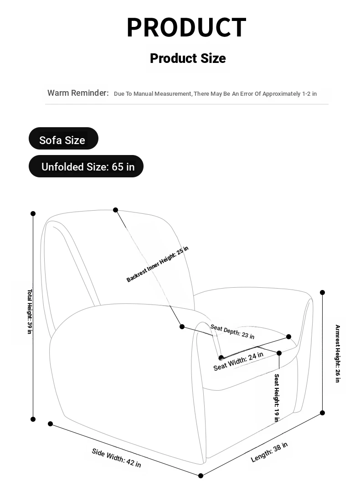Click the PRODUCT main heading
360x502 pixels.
tap(186, 27)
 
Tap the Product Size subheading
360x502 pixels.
tap(188, 58)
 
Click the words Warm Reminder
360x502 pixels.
tap(78, 93)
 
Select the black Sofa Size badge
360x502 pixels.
tap(63, 138)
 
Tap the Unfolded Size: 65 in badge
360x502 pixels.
tap(86, 166)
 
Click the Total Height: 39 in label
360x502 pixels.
tap(30, 311)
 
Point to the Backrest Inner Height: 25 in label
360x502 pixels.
tap(157, 264)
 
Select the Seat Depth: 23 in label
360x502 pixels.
tap(232, 331)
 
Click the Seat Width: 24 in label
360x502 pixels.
tap(238, 361)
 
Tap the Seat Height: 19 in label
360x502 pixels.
tap(277, 398)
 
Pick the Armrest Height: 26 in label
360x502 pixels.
tap(338, 353)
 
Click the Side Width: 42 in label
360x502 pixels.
tap(116, 458)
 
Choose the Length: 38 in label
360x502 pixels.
tap(269, 452)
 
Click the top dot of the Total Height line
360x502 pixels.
tap(33, 213)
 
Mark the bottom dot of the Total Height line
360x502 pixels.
tap(33, 419)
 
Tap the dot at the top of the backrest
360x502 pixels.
tap(116, 210)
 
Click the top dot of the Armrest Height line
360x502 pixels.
tap(323, 292)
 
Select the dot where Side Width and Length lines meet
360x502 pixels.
tap(201, 476)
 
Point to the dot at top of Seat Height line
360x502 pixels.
tap(279, 353)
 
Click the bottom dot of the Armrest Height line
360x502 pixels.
tap(323, 413)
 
